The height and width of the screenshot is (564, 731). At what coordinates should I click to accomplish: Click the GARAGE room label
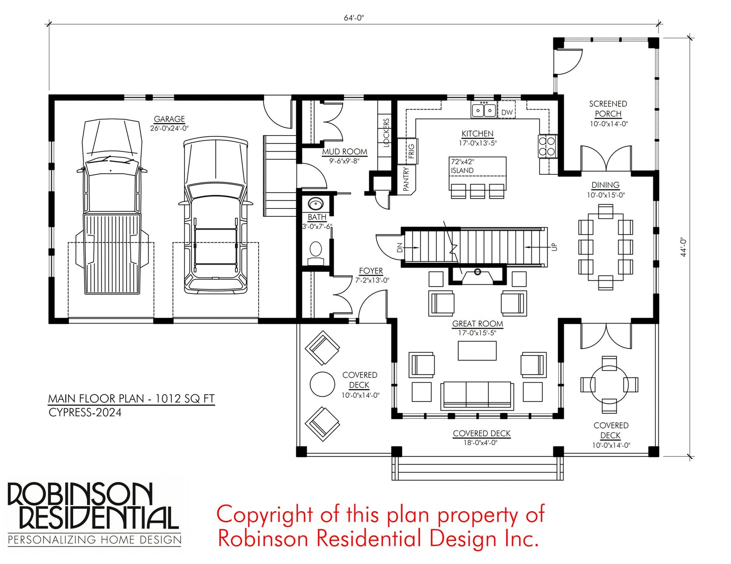[x=169, y=119]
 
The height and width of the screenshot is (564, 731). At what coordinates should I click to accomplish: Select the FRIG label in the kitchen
[x=411, y=151]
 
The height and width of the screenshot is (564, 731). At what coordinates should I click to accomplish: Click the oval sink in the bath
[x=315, y=204]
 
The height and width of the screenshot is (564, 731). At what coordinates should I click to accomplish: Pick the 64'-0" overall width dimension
[x=354, y=18]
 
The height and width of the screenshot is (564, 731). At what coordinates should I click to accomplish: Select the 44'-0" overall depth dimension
[x=683, y=247]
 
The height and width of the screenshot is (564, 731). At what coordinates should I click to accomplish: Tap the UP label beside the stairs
[x=555, y=247]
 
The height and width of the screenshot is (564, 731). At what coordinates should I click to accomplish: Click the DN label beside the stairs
[x=399, y=248]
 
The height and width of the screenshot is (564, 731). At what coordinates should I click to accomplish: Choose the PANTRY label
[x=406, y=179]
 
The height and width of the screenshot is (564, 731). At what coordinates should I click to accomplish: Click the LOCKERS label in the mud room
[x=386, y=133]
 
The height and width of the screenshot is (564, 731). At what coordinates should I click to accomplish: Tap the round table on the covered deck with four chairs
[x=609, y=384]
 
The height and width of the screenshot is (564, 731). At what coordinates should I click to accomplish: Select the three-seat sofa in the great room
[x=477, y=395]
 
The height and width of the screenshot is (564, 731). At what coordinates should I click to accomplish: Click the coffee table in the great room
[x=477, y=351]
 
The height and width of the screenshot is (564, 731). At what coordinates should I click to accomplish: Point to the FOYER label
[x=371, y=271]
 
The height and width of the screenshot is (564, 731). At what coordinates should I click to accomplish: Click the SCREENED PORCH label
[x=608, y=109]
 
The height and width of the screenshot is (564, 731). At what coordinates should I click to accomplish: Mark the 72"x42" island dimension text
[x=462, y=162]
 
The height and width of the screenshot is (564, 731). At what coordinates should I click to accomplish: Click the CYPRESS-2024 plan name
[x=85, y=412]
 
